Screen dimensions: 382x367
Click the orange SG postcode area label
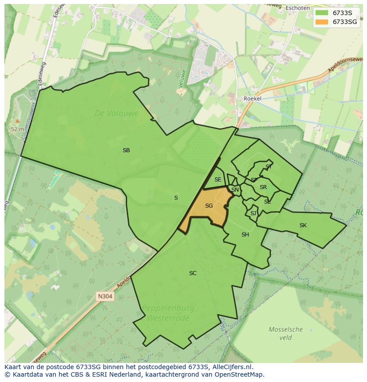[209, 206]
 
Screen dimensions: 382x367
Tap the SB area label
[126, 150]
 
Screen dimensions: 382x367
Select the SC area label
[193, 273]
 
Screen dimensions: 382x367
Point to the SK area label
[303, 225]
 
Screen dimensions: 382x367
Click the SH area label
[245, 235]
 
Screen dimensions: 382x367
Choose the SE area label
[218, 180]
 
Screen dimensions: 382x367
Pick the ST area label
[269, 167]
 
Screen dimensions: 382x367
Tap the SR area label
[263, 187]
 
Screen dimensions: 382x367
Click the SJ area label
[253, 213]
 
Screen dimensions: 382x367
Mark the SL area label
[267, 202]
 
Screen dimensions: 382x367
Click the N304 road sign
[105, 296]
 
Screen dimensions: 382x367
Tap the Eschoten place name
[297, 8]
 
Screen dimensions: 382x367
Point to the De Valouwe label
[117, 114]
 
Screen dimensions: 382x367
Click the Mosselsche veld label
[286, 333]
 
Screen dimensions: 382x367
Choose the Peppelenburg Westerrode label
[168, 313]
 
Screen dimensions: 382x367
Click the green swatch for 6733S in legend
[322, 13]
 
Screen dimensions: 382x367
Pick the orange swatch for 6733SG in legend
[322, 22]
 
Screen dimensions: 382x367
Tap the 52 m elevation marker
[17, 129]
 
